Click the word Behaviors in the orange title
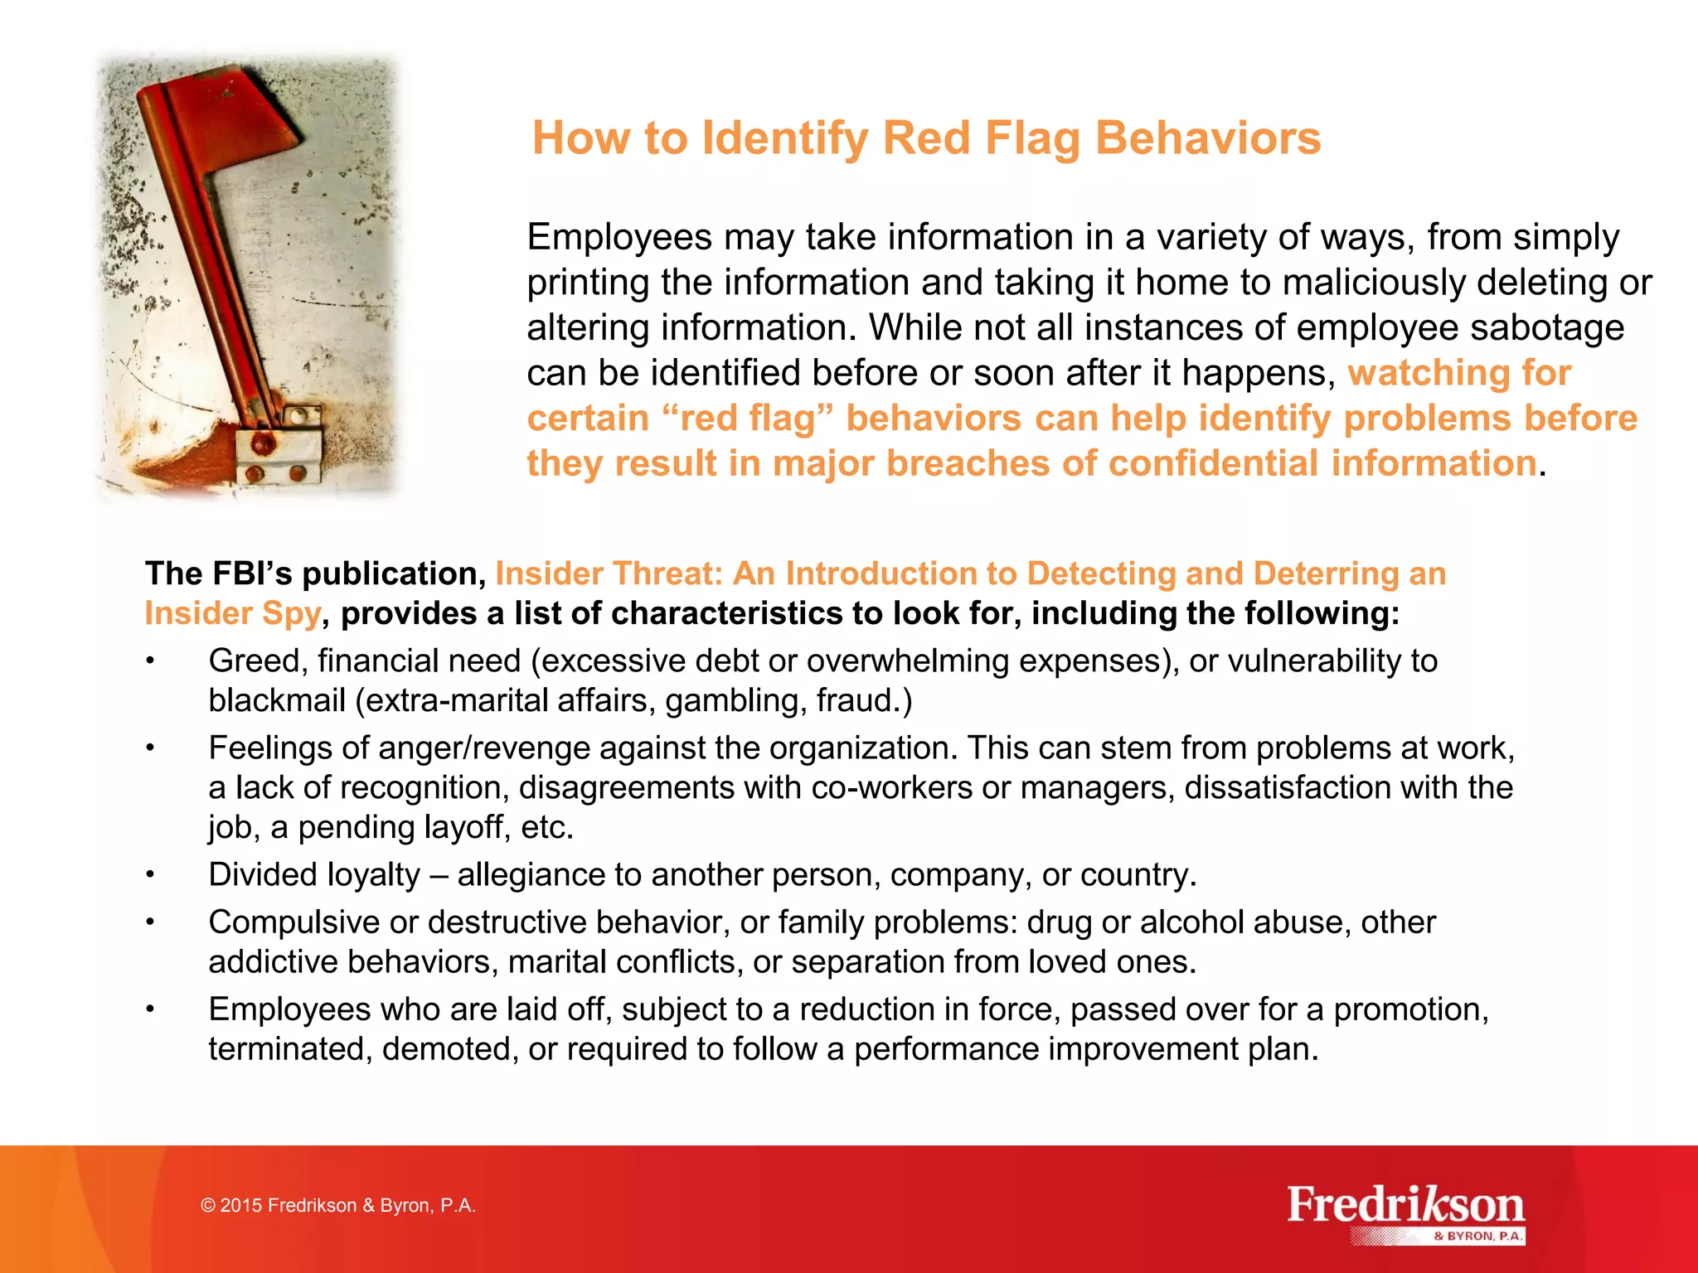click(1207, 138)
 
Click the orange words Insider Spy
click(232, 613)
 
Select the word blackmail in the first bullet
click(276, 701)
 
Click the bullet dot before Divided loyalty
click(150, 875)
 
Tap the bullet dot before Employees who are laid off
click(150, 1010)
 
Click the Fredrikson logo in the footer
click(1405, 1206)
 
